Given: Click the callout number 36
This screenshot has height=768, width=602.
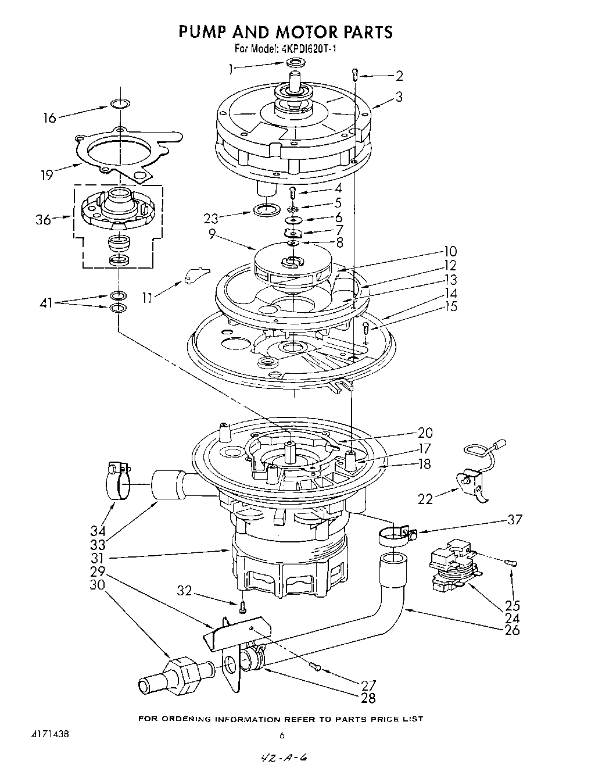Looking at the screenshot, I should [44, 219].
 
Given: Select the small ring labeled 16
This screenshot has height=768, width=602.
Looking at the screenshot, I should [119, 105].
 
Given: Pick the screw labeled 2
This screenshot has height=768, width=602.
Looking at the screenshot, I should [356, 74].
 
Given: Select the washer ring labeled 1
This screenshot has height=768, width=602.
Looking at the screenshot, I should [296, 63].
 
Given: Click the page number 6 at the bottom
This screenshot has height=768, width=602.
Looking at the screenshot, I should [282, 735].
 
